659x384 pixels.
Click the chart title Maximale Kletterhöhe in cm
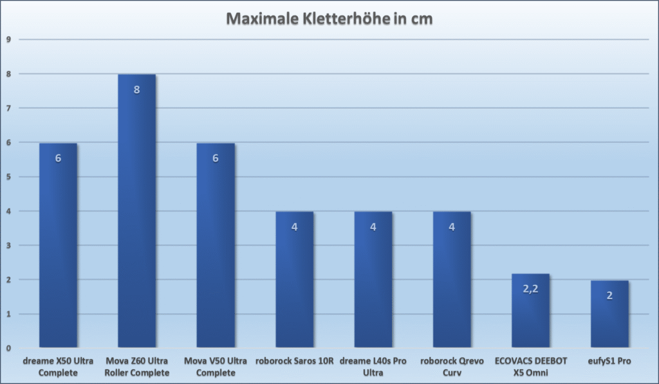click(x=329, y=19)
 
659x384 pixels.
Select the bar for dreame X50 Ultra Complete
click(x=58, y=244)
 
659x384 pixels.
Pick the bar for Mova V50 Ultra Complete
click(x=216, y=244)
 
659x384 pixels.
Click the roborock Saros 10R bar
click(x=294, y=280)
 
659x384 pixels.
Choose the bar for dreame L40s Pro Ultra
click(x=373, y=280)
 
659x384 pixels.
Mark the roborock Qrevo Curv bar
click(x=452, y=280)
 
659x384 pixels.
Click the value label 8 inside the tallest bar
click(x=136, y=89)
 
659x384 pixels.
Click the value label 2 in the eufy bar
click(x=609, y=296)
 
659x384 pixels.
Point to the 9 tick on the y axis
click(x=8, y=39)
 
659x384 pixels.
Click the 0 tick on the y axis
click(x=8, y=348)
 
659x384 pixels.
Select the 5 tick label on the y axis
click(x=8, y=176)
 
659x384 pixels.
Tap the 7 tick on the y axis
click(x=8, y=108)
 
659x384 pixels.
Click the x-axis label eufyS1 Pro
click(x=609, y=361)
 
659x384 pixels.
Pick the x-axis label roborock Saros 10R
click(x=294, y=361)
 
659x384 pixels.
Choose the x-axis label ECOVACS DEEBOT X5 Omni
click(x=530, y=367)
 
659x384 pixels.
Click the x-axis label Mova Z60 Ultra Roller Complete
click(x=136, y=367)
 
